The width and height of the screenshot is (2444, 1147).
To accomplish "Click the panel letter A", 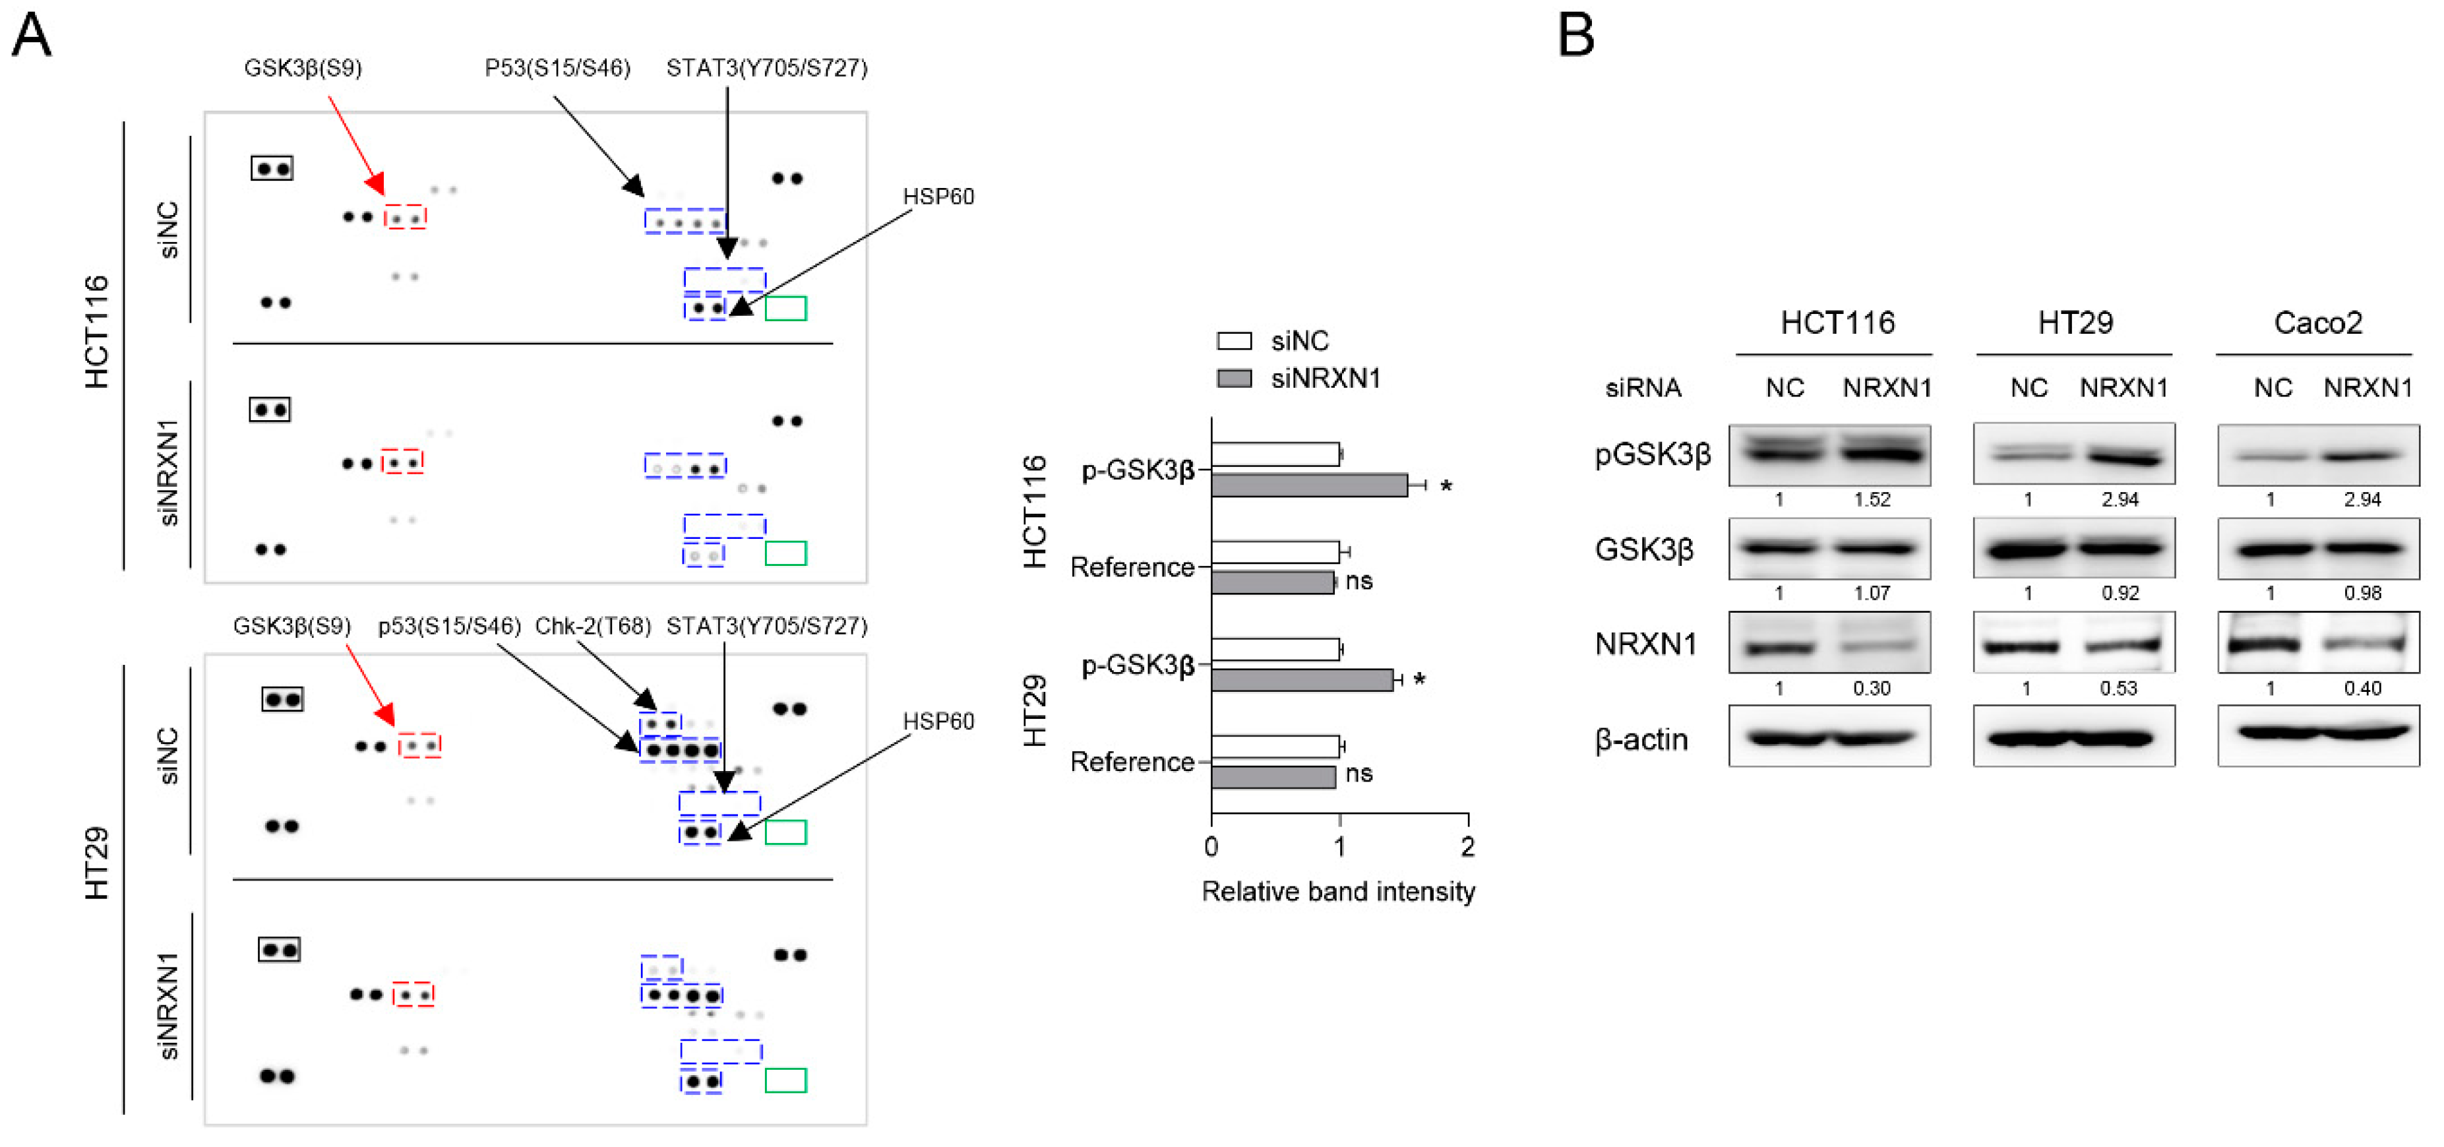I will [x=30, y=36].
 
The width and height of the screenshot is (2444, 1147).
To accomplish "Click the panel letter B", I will [x=1576, y=36].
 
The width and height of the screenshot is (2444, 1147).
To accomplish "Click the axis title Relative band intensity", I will [x=1338, y=892].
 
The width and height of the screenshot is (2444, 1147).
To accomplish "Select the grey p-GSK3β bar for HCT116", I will [x=1309, y=485].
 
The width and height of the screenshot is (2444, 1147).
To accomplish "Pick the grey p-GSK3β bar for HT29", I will [x=1302, y=680].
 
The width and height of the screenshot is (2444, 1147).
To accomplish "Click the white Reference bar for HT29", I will [x=1275, y=747].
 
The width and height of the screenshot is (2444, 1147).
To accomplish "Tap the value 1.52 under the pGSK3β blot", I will [x=1872, y=500].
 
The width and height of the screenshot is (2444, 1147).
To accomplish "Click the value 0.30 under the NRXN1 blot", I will [x=1872, y=689].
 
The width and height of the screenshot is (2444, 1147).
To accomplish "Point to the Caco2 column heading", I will [x=2317, y=323].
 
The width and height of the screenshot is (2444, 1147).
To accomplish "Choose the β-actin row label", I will [x=1641, y=739].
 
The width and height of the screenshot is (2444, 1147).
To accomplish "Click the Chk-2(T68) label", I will [x=593, y=626].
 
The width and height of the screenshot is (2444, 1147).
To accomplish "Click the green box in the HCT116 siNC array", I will [x=785, y=308].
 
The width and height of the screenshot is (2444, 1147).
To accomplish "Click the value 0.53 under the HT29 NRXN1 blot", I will [x=2119, y=689].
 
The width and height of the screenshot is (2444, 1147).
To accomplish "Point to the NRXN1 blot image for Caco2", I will [x=2318, y=643].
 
